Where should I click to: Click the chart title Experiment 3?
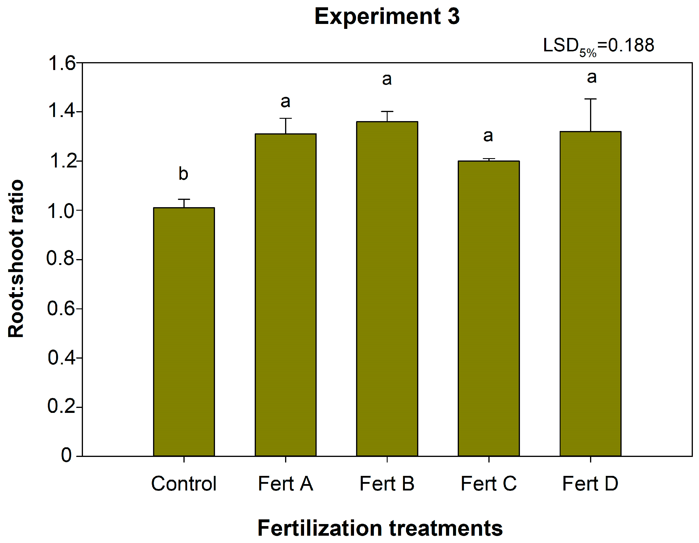tap(387, 17)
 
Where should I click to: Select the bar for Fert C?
tap(488, 308)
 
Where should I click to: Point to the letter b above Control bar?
tap(183, 174)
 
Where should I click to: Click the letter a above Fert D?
tap(592, 77)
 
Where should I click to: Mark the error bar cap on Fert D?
tap(591, 99)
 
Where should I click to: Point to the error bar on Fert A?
tap(285, 126)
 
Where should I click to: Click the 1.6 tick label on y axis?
tap(61, 63)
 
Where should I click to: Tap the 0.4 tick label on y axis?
tap(61, 358)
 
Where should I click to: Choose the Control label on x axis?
tap(184, 483)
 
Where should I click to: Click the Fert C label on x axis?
tap(488, 483)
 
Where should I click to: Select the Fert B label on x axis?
tap(387, 483)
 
